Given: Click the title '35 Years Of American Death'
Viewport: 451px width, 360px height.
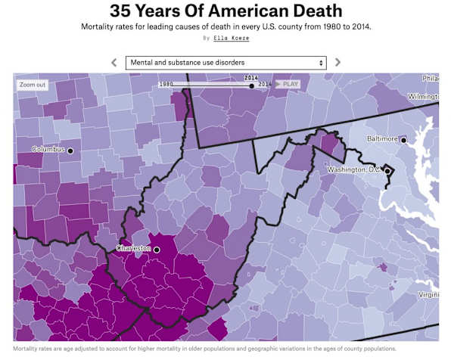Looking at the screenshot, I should point(225,11).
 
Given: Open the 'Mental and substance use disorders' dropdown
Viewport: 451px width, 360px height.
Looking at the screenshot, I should point(225,62).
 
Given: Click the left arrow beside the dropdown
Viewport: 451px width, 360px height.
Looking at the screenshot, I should point(114,62).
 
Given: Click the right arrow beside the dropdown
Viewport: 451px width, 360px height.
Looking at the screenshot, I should point(337,62).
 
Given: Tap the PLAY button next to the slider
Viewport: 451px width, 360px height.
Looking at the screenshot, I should point(288,84).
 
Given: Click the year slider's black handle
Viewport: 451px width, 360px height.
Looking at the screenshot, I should point(251,85).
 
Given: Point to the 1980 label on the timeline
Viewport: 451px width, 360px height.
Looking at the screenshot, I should point(166,84).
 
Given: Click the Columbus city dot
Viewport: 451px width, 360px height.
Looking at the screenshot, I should point(70,151).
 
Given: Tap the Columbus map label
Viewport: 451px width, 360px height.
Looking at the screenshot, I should point(48,150).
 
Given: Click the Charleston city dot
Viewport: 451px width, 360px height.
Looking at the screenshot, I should point(157,249).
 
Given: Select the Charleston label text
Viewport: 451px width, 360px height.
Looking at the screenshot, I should point(134,248).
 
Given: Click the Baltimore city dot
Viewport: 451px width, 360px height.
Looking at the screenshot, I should point(403,140).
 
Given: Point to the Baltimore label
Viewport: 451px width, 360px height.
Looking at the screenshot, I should point(382,139).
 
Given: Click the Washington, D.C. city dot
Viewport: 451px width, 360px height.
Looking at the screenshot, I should point(387,171).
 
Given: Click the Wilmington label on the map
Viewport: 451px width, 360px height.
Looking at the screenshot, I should point(422,97).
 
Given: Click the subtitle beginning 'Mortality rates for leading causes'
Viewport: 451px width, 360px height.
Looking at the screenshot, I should point(225,26).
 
